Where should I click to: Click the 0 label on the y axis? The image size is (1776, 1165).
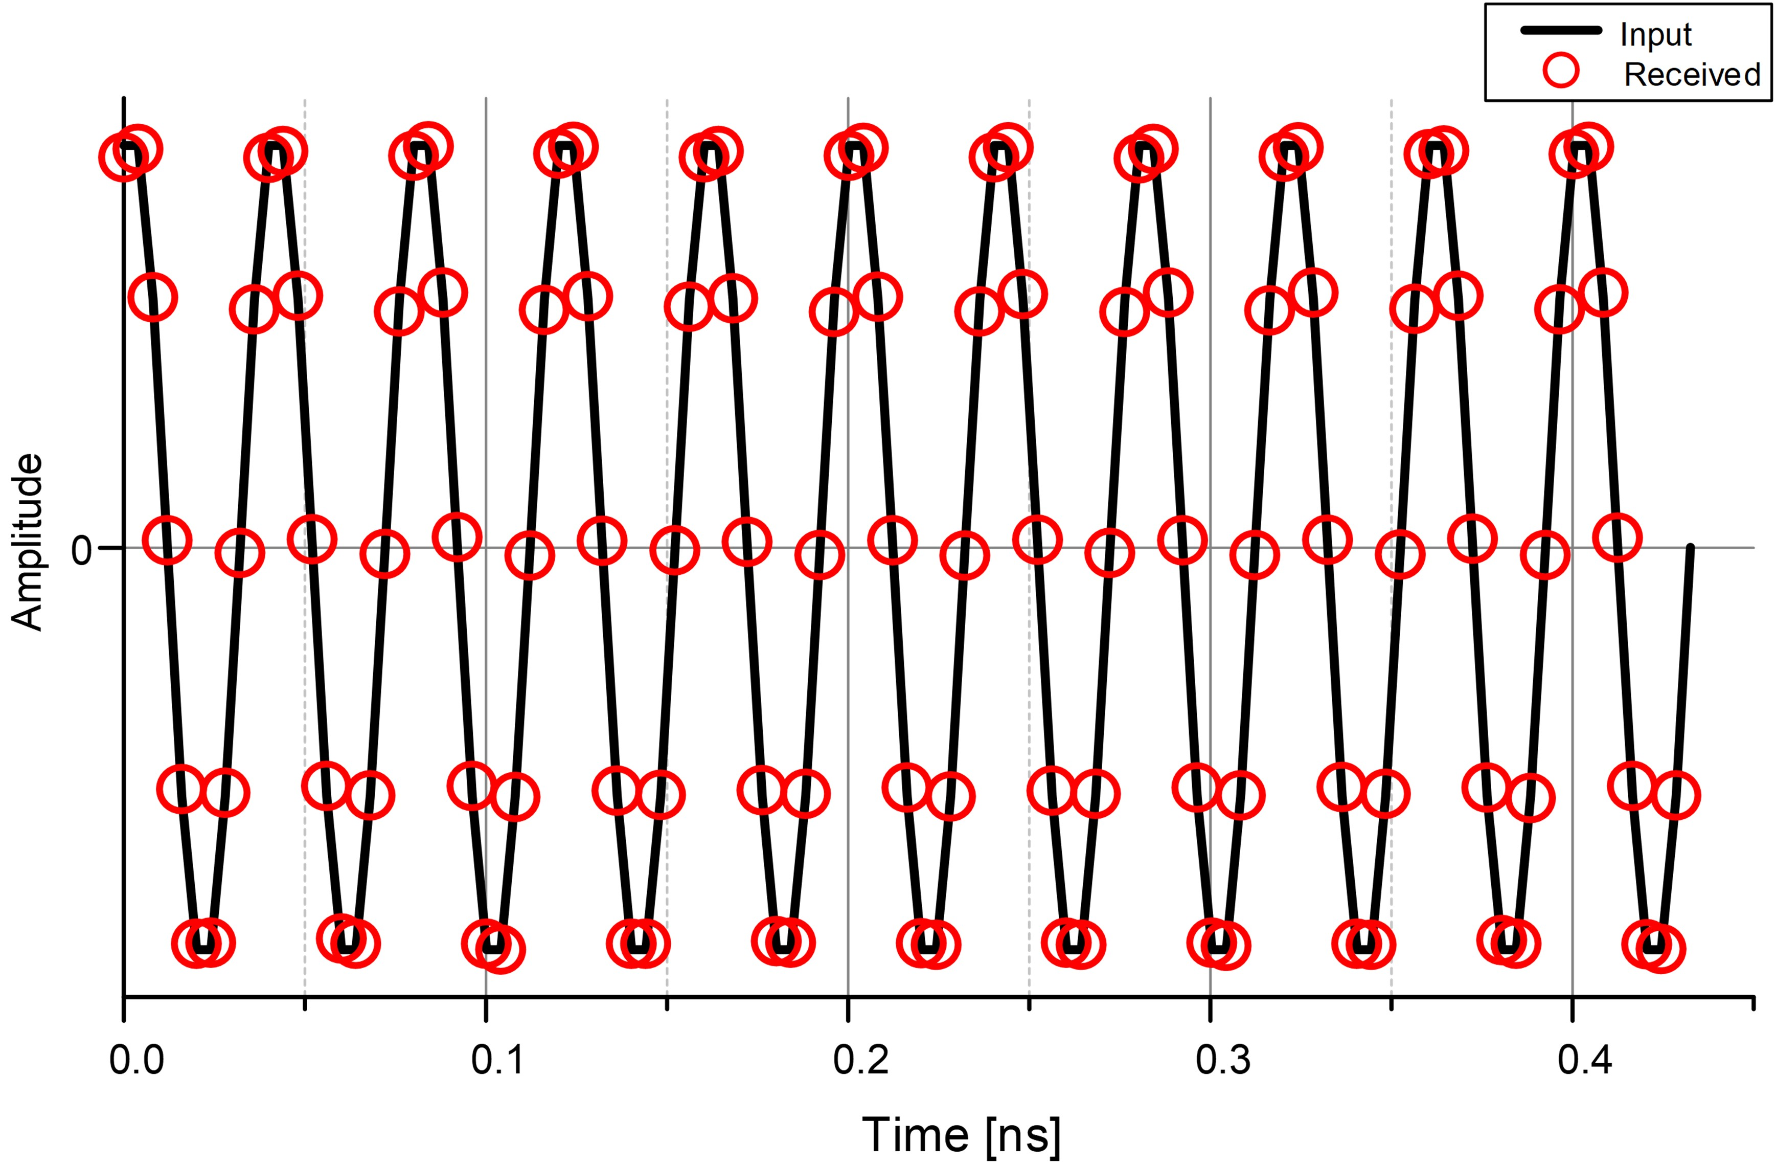(x=81, y=550)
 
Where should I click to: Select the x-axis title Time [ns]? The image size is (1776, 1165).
(x=961, y=1135)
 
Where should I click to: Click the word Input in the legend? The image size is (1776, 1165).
(x=1655, y=35)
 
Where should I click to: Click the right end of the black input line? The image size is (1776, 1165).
(x=1690, y=549)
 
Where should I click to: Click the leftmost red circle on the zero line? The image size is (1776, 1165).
(x=167, y=541)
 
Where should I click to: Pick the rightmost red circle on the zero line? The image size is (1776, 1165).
(x=1616, y=538)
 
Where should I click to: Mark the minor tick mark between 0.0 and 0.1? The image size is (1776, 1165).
(x=305, y=1004)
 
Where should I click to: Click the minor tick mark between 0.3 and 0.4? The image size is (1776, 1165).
(x=1391, y=1004)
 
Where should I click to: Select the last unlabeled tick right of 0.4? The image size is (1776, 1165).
(x=1754, y=1004)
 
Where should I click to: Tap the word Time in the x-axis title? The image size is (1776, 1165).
(x=915, y=1135)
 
